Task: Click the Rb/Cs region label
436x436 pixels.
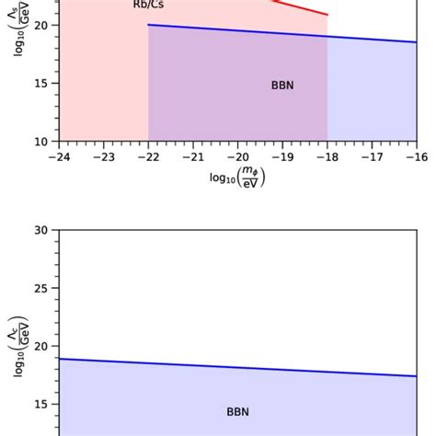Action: click(144, 5)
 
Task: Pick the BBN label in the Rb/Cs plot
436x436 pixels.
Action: click(282, 86)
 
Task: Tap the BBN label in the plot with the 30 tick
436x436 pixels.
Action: click(237, 411)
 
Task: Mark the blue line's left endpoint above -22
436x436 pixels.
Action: click(148, 25)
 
